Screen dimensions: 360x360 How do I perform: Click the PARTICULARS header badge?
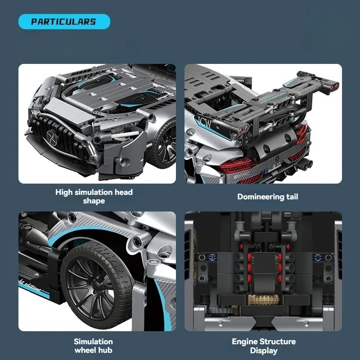[x=63, y=22]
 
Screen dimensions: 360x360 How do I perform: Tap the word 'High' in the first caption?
[x=64, y=192]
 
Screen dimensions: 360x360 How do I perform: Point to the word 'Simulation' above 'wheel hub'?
[x=93, y=342]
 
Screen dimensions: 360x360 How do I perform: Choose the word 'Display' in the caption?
[x=263, y=351]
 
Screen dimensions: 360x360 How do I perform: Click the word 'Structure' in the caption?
[x=278, y=342]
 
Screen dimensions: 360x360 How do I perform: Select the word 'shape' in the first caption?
[x=94, y=201]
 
